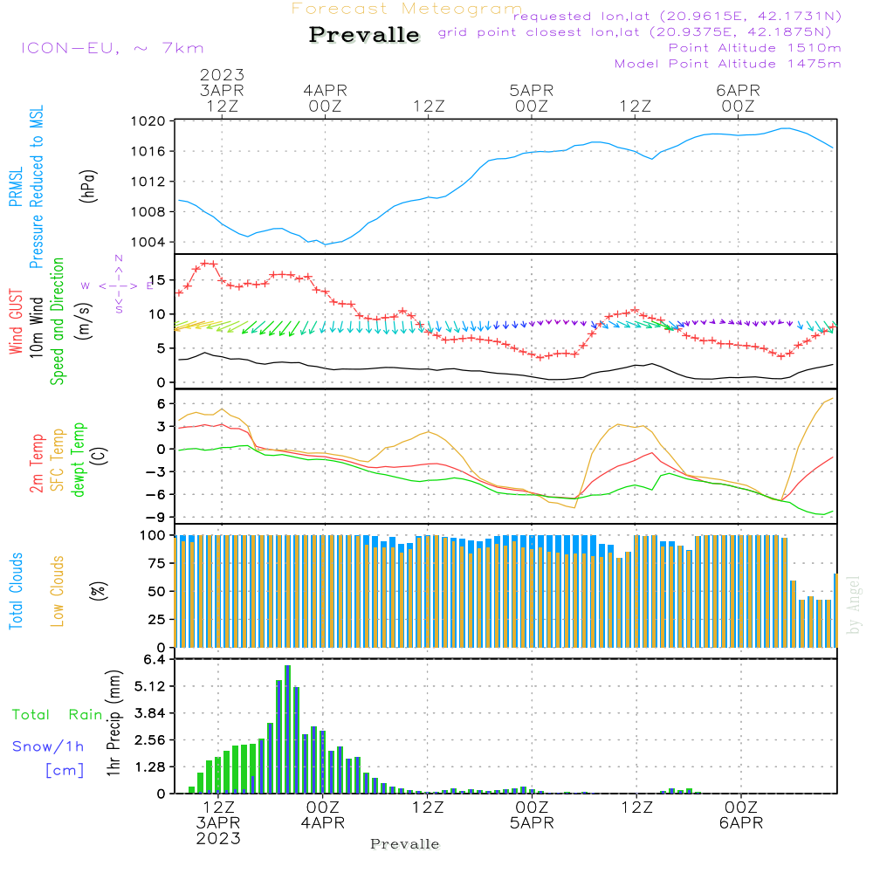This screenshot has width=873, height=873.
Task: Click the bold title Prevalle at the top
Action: tap(364, 36)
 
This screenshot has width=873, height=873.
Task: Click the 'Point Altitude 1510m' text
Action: tap(754, 48)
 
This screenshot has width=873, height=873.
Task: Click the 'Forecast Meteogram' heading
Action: tap(407, 9)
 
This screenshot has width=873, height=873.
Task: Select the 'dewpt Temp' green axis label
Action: tap(79, 460)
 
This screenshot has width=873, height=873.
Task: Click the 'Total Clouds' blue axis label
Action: tap(17, 591)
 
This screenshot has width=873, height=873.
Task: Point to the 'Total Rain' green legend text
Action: tap(58, 715)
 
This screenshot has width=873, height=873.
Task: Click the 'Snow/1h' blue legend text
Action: tap(48, 746)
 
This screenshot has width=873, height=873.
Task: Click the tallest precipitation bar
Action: tap(287, 729)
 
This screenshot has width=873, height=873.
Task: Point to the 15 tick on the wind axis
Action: tap(155, 280)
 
